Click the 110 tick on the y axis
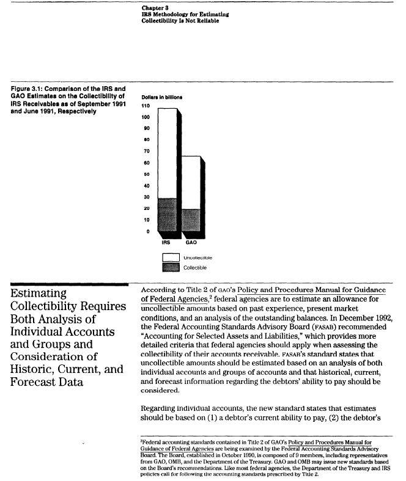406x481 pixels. [146, 105]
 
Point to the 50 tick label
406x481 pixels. [146, 174]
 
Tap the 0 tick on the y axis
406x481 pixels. [147, 231]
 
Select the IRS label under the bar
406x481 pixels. [166, 242]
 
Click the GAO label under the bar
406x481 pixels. [191, 242]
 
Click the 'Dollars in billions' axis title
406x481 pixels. [161, 96]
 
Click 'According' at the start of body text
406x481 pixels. [160, 289]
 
